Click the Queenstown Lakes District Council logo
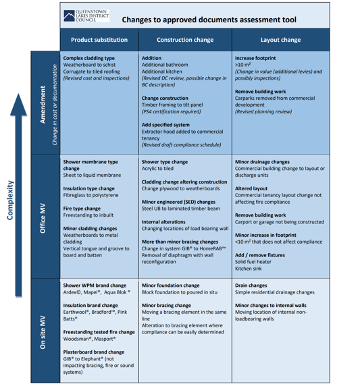86,16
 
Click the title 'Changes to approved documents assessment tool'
209,20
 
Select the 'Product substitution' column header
99,40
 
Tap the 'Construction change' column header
185,40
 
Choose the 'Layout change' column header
280,40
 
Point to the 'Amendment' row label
43,105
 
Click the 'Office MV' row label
43,218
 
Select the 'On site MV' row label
43,332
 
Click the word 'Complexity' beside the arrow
10,200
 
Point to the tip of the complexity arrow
18,94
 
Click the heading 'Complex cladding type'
89,58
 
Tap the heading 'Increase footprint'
255,58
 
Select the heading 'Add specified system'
165,125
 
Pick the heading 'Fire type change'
82,209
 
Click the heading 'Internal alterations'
163,222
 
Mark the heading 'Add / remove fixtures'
260,255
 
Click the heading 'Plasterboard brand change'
94,352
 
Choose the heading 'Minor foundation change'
171,285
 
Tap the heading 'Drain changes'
251,285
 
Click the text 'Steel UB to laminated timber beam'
181,209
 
